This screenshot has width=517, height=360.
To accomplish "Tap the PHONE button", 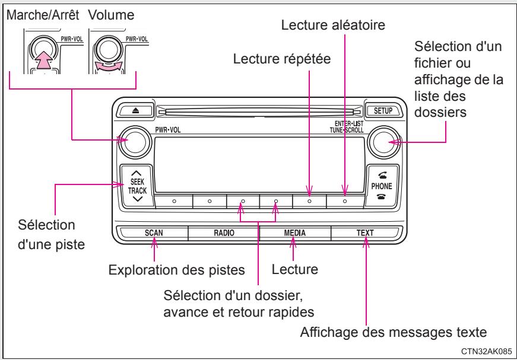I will [x=378, y=185].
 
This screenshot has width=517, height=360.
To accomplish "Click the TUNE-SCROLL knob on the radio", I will [x=379, y=141].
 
